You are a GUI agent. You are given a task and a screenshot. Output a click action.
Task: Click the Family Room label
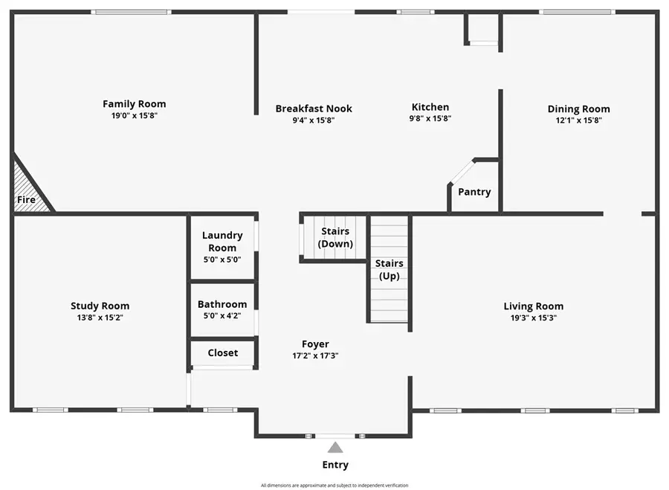click(134, 104)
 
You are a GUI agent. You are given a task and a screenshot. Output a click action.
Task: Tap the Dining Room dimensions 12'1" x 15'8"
click(578, 120)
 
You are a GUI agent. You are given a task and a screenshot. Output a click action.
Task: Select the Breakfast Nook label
click(314, 109)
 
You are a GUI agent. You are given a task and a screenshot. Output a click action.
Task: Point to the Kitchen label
click(430, 107)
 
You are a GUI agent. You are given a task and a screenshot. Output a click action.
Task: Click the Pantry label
click(474, 192)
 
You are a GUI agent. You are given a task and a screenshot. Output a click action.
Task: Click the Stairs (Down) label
click(335, 238)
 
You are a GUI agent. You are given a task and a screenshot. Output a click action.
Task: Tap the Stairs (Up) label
click(389, 269)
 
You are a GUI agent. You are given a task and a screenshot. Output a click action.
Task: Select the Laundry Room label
click(222, 242)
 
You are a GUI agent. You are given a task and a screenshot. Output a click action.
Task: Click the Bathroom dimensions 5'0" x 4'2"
click(222, 315)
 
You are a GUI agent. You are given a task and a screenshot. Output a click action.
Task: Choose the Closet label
click(223, 352)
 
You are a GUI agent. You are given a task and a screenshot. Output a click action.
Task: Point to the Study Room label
click(100, 306)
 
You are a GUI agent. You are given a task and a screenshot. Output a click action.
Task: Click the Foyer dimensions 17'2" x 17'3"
click(315, 355)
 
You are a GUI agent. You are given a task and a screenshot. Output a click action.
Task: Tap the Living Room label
click(533, 306)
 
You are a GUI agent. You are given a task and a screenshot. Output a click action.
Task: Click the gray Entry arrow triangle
click(335, 448)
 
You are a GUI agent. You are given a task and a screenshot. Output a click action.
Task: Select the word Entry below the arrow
click(335, 465)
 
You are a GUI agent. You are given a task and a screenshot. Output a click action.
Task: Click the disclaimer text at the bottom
click(334, 486)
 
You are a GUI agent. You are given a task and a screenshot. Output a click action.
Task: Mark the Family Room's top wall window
click(131, 12)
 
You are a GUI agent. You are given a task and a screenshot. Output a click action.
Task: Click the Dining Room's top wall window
click(577, 12)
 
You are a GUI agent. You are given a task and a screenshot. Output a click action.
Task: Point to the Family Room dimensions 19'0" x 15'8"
click(134, 115)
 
